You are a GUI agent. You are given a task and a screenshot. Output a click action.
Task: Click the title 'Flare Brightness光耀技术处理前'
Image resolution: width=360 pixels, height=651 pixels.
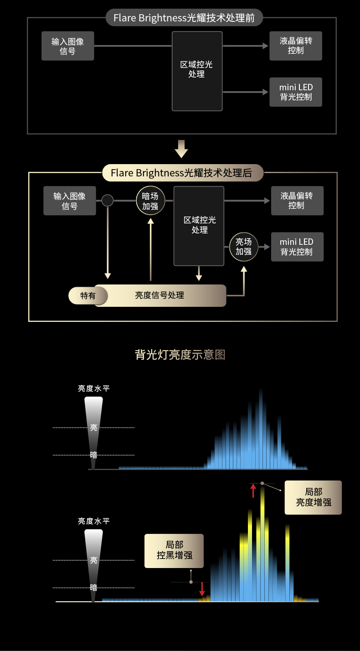[x=184, y=18]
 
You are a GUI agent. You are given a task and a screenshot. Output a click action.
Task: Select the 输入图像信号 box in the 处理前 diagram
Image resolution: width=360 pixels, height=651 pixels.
[x=68, y=46]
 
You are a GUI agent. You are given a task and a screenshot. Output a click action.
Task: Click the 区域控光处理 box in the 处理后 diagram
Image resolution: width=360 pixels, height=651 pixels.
[x=199, y=226]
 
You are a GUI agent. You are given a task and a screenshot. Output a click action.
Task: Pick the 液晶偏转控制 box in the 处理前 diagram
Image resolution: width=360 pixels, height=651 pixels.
[x=296, y=46]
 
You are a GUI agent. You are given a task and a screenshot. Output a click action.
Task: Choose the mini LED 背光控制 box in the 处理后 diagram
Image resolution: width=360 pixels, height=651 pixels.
[x=297, y=247]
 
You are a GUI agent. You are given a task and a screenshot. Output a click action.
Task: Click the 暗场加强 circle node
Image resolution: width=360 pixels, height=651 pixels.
[x=150, y=201]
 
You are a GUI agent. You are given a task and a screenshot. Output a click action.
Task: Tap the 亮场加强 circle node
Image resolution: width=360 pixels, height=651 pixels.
[x=243, y=247]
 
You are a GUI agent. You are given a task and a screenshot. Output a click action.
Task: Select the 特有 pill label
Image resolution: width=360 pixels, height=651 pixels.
[x=88, y=295]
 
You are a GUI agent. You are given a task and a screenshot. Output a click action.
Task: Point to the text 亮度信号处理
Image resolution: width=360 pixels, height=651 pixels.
[x=159, y=295]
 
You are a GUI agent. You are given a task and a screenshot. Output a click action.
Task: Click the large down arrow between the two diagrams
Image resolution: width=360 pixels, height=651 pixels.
[x=181, y=149]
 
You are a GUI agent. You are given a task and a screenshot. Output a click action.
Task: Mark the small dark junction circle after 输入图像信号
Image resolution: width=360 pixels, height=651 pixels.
[x=108, y=201]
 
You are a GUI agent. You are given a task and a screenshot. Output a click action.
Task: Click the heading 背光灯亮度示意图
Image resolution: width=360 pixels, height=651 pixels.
[x=180, y=355]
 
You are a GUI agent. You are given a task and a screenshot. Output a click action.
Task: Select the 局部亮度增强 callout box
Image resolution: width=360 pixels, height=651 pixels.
[x=313, y=497]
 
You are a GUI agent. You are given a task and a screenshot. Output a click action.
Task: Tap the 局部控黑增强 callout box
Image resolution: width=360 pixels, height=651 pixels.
[x=174, y=550]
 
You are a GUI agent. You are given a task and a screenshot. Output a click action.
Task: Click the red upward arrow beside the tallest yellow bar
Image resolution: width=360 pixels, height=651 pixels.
[x=253, y=491]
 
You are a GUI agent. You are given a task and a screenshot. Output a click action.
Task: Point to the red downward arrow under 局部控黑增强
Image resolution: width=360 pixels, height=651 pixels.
[x=202, y=589]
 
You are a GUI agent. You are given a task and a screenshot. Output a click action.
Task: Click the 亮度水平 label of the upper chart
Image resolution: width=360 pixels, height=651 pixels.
[x=93, y=388]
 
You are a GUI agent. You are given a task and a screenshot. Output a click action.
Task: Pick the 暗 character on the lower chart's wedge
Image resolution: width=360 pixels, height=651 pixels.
[x=93, y=588]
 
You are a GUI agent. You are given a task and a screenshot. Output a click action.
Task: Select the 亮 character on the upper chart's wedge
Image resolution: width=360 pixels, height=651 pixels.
[x=93, y=428]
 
